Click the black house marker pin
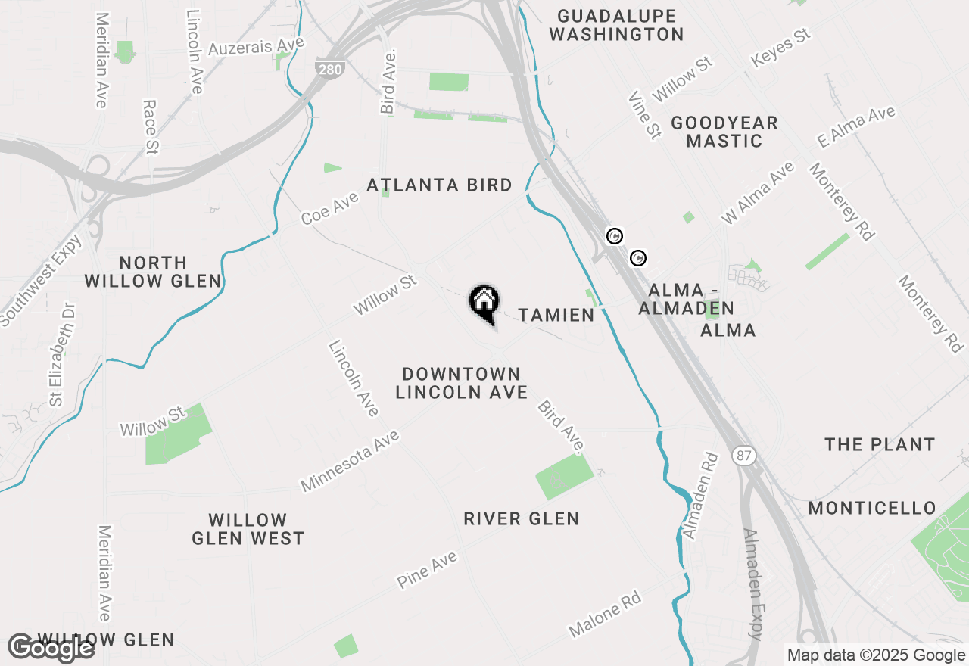[x=484, y=303]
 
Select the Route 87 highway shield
[x=742, y=456]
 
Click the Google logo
[x=51, y=648]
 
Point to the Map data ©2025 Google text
[x=876, y=655]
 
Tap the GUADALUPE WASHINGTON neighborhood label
[x=616, y=25]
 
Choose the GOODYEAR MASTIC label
[x=724, y=132]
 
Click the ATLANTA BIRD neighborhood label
[x=439, y=185]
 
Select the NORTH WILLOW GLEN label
[x=153, y=272]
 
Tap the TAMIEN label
[x=556, y=315]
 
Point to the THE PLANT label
[x=880, y=444]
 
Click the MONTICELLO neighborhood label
[x=872, y=508]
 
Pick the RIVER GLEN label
[x=522, y=518]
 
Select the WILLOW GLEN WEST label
[x=248, y=529]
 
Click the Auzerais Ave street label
[x=256, y=46]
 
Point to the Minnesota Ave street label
[x=349, y=460]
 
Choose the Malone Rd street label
[x=605, y=613]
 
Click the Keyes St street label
[x=780, y=48]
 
